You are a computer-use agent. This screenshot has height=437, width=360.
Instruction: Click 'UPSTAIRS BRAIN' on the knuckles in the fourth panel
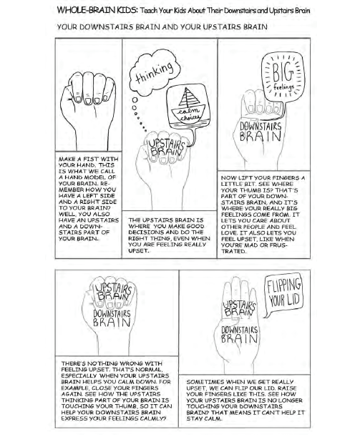(x=112, y=290)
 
